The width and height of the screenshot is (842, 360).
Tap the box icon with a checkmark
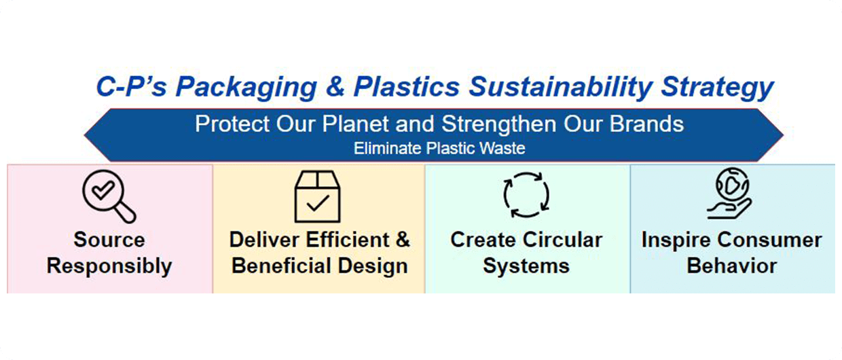point(318,196)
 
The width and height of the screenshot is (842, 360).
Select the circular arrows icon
point(526,195)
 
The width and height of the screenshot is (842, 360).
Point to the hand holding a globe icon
point(729,193)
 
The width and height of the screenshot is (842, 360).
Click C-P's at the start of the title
point(131,86)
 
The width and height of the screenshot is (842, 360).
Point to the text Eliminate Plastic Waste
point(439,148)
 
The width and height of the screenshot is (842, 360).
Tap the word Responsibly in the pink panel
point(109,266)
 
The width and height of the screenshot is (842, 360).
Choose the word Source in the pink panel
point(109,240)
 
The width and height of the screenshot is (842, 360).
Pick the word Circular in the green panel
point(563,240)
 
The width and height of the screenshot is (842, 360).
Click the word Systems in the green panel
point(526,266)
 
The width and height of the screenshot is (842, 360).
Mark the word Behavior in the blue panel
point(732,266)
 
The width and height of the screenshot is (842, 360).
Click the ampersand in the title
point(335,87)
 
